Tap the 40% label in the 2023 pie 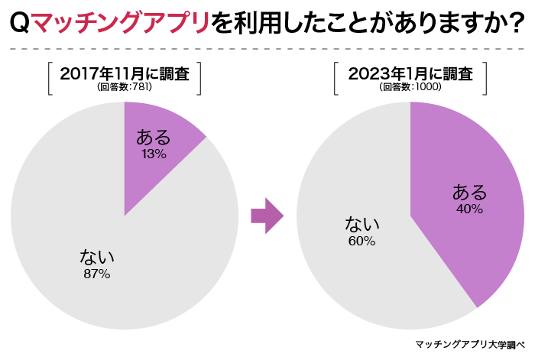[469, 209]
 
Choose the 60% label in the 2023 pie [361, 241]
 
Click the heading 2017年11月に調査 [125, 73]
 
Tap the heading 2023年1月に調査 [410, 73]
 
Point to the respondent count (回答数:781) [125, 87]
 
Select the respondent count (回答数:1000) [410, 87]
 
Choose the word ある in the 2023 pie [469, 191]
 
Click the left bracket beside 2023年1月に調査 [337, 79]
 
